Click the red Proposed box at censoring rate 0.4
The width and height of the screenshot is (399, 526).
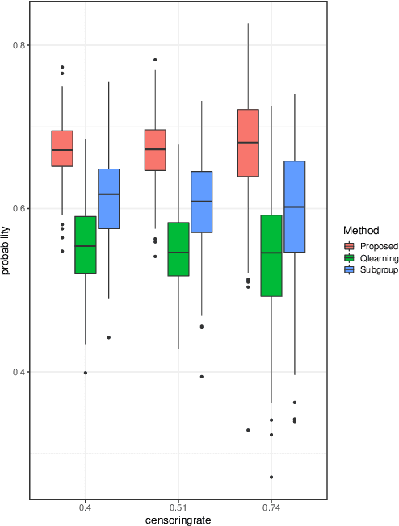62,148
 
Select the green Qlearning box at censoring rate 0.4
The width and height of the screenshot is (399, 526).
86,245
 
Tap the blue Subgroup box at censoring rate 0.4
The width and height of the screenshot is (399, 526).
108,198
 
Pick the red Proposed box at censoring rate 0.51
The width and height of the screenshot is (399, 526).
155,150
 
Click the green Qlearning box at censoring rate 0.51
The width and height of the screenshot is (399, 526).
178,249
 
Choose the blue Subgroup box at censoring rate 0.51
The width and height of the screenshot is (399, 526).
201,202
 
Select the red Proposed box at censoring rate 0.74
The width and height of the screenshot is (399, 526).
248,143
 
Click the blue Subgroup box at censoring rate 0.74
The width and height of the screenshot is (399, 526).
294,207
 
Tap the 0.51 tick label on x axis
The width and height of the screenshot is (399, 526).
178,508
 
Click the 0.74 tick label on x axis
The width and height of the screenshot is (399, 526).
271,508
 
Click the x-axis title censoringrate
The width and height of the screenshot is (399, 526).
178,520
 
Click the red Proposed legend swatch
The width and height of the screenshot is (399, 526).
349,245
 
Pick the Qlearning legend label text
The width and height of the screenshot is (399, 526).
377,257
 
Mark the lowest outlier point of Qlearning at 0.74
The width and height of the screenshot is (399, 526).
271,477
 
